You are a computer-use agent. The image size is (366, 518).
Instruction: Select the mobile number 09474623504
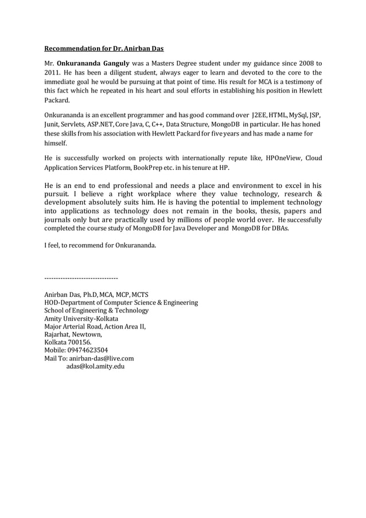(x=87, y=350)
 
